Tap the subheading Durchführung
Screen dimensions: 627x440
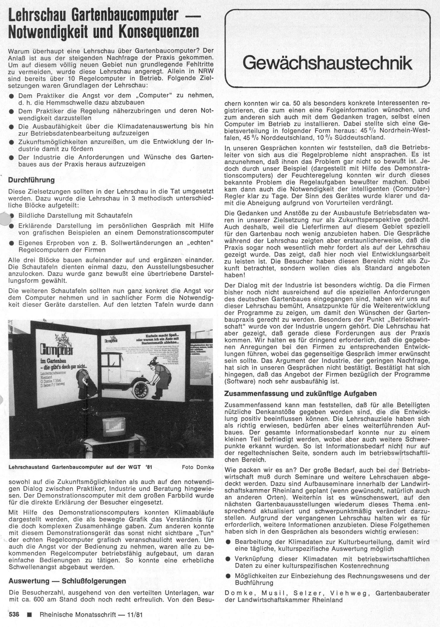[31, 180]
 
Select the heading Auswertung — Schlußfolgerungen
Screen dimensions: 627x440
[67, 581]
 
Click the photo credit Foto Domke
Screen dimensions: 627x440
[198, 467]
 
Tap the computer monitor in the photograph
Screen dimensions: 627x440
[114, 427]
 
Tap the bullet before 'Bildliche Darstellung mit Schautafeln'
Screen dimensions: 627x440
[12, 216]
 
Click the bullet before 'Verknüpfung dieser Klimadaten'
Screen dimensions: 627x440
[228, 559]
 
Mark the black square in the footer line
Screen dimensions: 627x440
[29, 615]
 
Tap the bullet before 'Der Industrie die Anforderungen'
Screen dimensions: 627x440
[12, 157]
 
